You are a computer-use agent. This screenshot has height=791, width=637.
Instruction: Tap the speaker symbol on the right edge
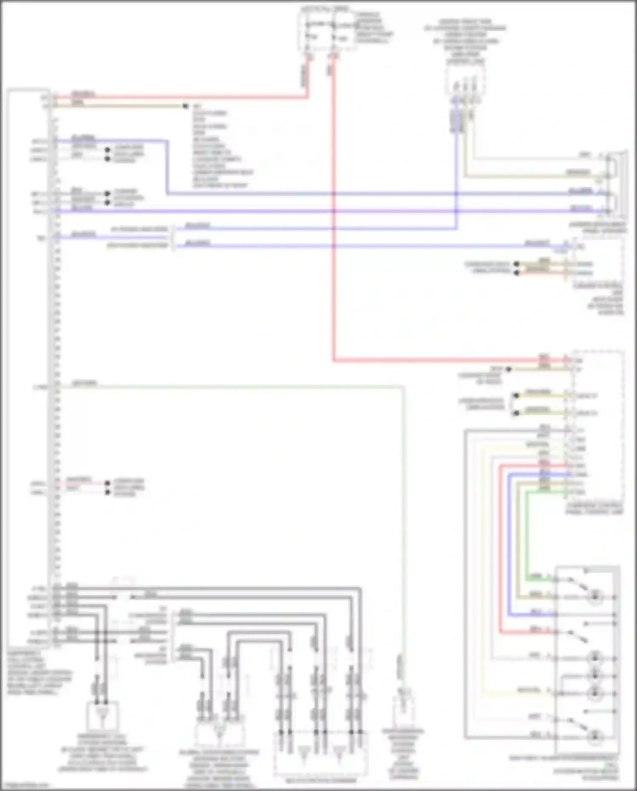tap(619, 183)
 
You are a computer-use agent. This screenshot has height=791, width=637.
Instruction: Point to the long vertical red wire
tap(334, 213)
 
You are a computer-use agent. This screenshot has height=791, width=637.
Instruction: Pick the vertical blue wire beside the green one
tap(509, 544)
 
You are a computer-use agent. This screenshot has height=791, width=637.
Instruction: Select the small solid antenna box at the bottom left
tap(102, 716)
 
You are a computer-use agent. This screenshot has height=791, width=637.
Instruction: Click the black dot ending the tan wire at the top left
tap(185, 106)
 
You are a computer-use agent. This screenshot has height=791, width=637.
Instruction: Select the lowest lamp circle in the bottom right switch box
tap(595, 736)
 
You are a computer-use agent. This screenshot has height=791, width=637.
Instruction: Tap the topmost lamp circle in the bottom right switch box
tap(595, 597)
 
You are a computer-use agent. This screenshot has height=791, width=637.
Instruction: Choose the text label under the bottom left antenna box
tap(102, 752)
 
